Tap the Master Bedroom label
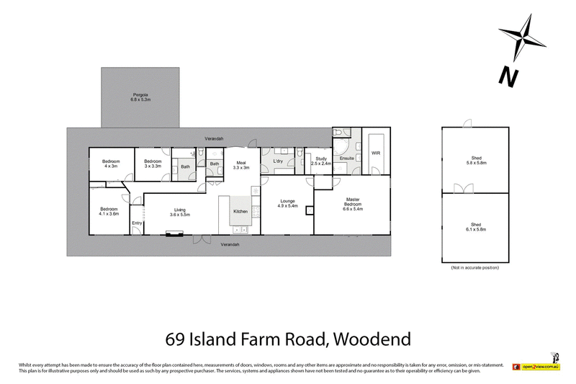[x=354, y=204]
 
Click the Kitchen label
[x=240, y=211]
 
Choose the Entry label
[x=136, y=223]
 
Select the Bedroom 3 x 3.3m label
[x=152, y=163]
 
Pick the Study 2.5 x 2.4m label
[x=321, y=161]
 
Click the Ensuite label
[x=348, y=157]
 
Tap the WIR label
[x=375, y=153]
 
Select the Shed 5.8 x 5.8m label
[x=476, y=162]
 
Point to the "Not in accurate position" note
[x=475, y=267]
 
